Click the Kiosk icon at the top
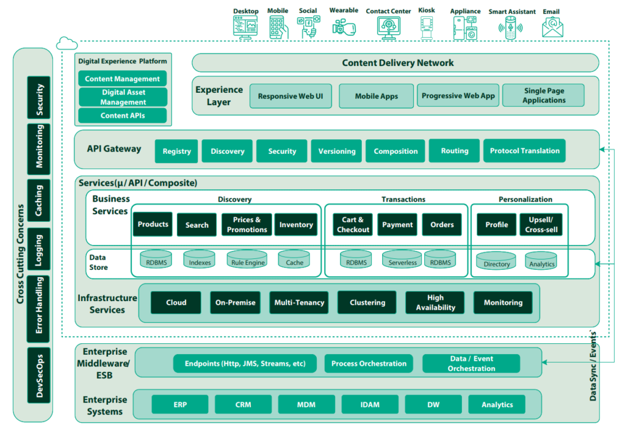(427, 27)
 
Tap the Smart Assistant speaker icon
(511, 28)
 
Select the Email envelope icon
(552, 27)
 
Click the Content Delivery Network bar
(397, 63)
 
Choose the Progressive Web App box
(458, 96)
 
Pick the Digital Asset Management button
(123, 97)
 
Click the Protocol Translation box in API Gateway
(524, 151)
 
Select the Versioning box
(336, 151)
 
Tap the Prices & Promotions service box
(247, 225)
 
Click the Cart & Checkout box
(353, 225)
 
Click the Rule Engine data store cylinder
(247, 260)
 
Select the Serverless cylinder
(402, 260)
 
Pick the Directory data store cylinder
(496, 261)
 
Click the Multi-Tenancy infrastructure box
(300, 302)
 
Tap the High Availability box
(435, 302)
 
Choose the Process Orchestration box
(369, 363)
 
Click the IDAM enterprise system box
(370, 404)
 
